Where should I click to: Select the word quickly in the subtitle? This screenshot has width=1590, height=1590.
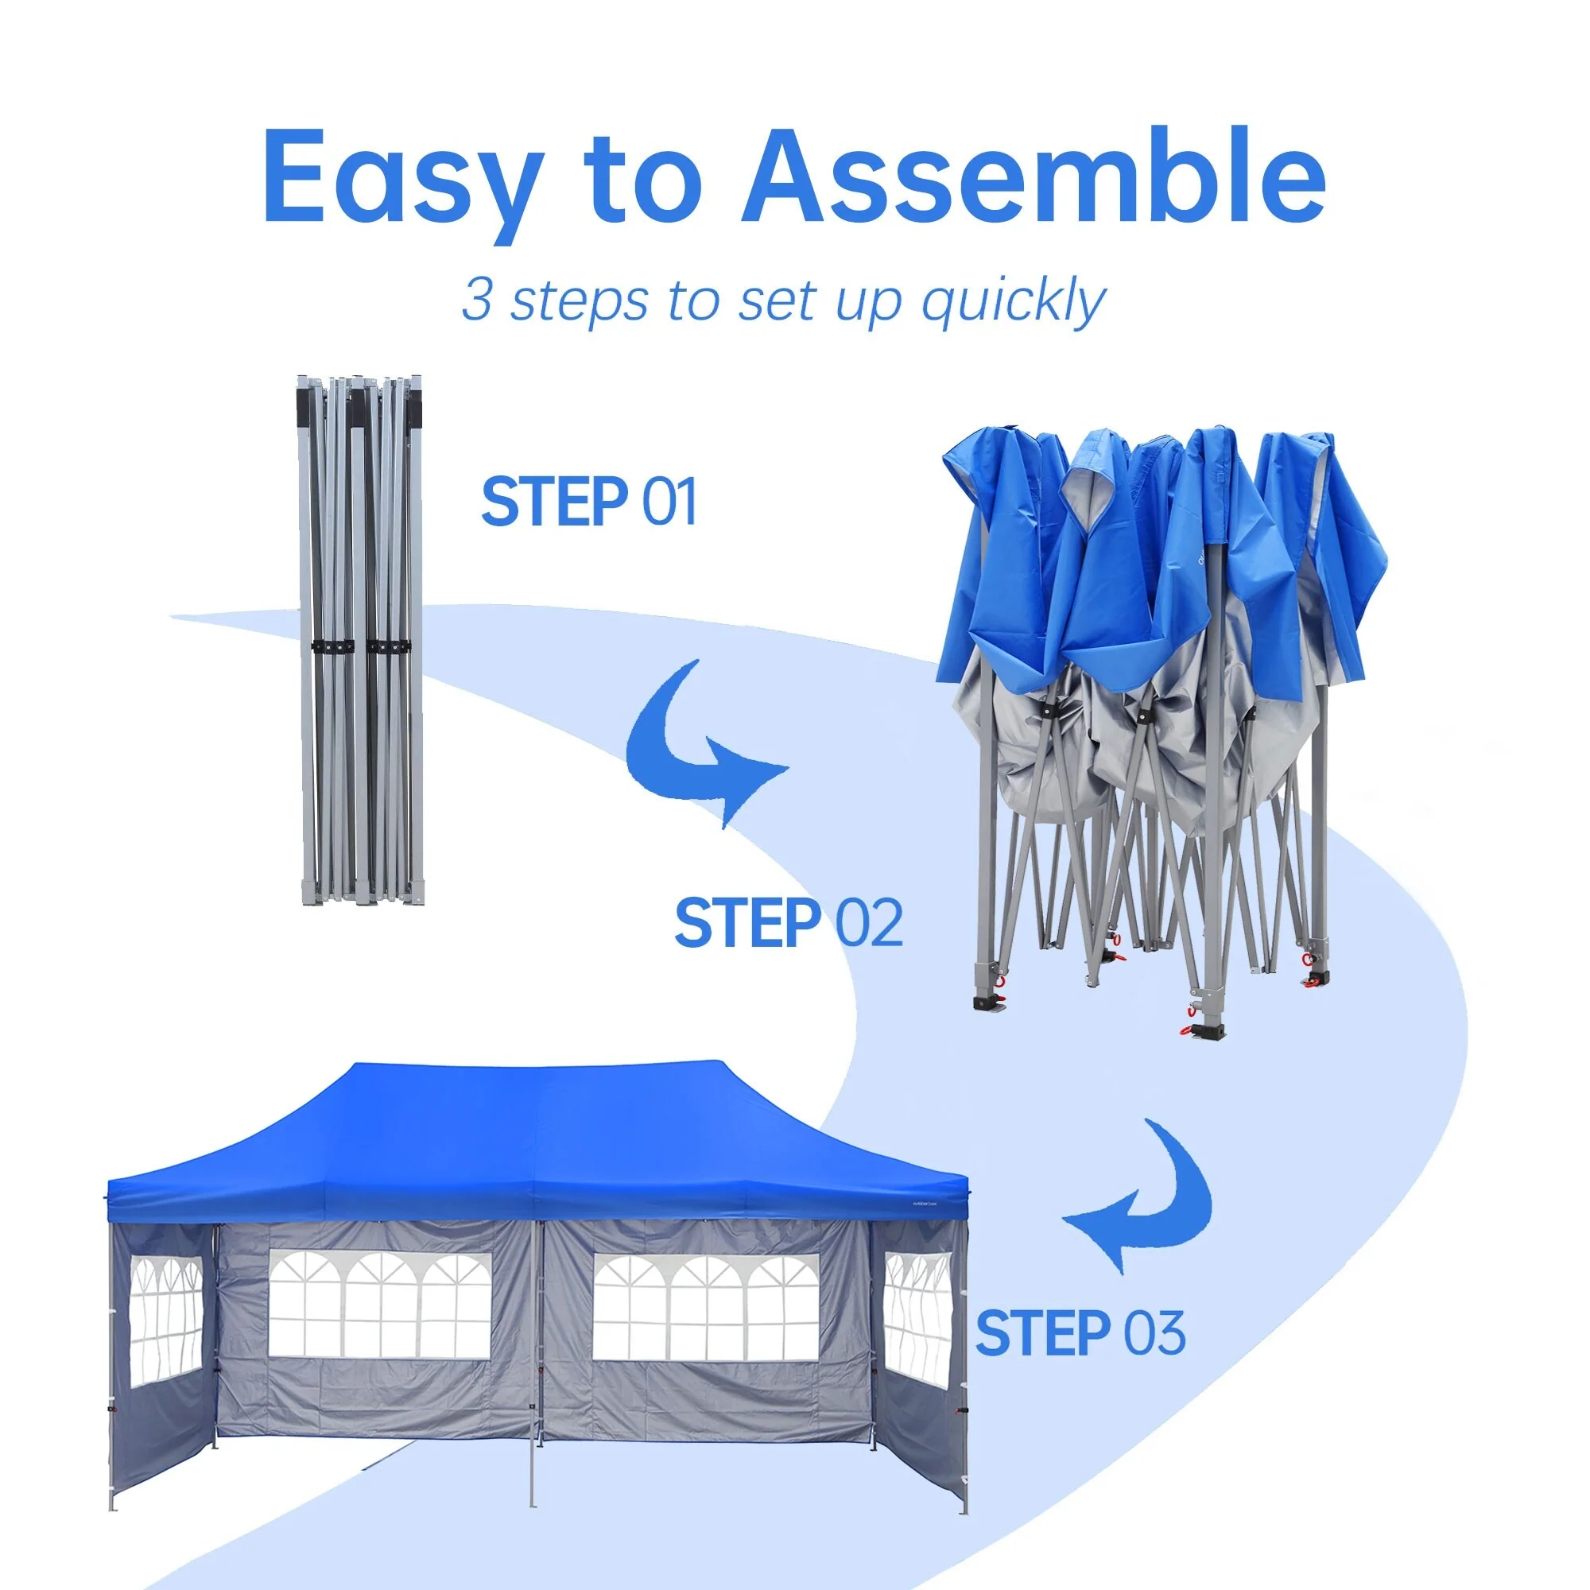[1013, 301]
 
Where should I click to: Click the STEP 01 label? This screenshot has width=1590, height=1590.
[588, 501]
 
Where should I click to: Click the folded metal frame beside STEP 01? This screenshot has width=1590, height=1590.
[362, 641]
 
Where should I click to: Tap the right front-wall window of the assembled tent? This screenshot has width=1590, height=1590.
[706, 1308]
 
